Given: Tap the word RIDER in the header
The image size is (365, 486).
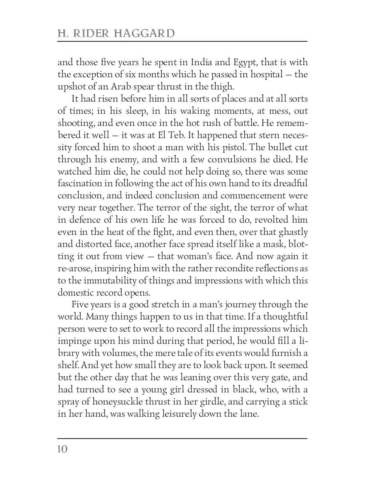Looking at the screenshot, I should [x=92, y=33].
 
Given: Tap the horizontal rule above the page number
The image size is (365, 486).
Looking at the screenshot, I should [x=182, y=438].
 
